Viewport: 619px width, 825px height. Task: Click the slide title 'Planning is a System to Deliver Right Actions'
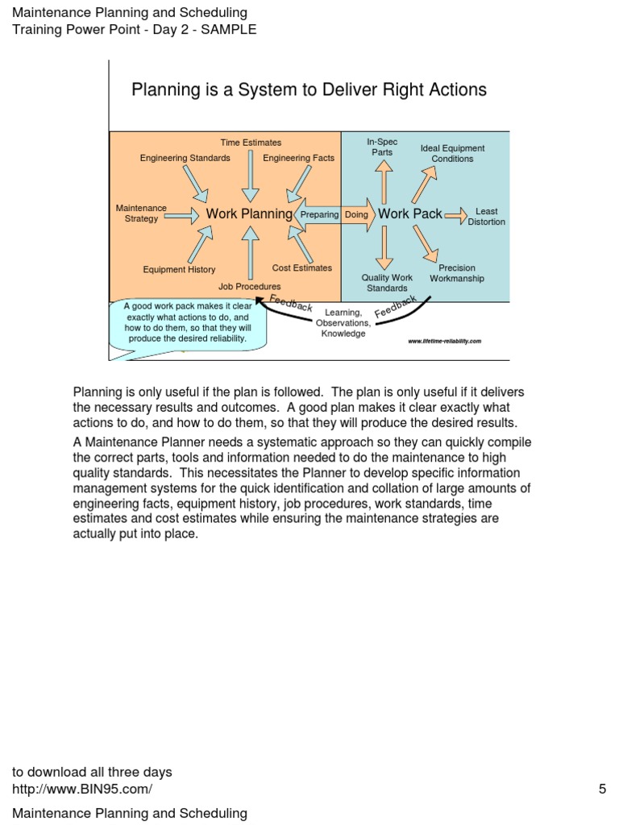coord(309,89)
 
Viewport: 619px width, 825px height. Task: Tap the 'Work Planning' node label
coord(249,214)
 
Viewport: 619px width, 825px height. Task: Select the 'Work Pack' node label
coord(410,214)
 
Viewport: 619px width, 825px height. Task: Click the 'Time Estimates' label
coord(251,143)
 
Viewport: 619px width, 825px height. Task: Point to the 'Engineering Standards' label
coord(185,158)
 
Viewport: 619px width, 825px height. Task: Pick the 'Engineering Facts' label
coord(298,158)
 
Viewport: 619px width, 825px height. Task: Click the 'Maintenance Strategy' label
coord(141,214)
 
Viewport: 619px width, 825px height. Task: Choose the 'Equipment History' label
coord(179,270)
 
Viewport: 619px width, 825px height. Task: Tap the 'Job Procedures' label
coord(250,286)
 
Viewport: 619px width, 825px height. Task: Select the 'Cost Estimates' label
coord(301,267)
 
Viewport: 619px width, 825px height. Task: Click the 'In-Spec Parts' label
coord(382,147)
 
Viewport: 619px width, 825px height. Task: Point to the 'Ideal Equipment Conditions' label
coord(452,153)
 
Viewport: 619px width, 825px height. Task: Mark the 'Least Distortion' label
coord(486,217)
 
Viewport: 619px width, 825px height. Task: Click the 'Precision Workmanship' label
coord(457,273)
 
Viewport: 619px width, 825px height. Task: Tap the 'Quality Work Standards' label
coord(387,283)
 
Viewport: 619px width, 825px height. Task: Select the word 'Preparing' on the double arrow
coord(319,215)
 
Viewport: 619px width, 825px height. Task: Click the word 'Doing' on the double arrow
coord(356,215)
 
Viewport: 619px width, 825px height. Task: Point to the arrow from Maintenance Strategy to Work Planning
coord(185,215)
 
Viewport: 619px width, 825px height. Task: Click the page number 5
coord(601,790)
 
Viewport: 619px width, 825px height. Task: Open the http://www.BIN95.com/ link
coord(81,790)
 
